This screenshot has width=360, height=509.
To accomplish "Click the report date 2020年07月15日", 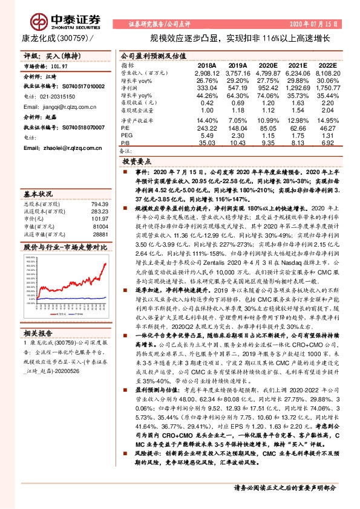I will pos(312,24).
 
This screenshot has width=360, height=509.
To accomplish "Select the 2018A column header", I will pos(206,65).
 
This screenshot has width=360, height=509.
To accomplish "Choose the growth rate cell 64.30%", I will pos(237,96).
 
